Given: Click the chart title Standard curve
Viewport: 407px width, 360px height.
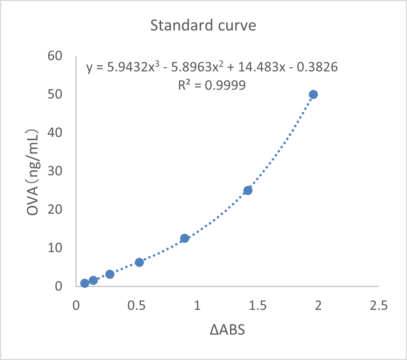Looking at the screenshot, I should [203, 26].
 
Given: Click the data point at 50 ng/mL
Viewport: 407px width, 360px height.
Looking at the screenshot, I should [313, 95].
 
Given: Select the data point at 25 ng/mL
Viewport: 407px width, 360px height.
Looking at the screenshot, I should [248, 190].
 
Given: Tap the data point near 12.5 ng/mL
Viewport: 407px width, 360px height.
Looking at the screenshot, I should [184, 238].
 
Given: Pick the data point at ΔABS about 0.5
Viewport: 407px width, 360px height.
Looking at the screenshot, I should [139, 262].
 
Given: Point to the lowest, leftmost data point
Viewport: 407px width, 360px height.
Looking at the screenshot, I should [84, 283].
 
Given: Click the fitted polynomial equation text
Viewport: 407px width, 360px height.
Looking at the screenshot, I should [212, 67].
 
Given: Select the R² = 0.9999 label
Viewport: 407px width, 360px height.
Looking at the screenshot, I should [212, 85].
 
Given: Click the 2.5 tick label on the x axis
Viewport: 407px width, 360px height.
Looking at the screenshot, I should [379, 306].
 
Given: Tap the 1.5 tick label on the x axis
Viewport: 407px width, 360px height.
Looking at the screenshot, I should [258, 306].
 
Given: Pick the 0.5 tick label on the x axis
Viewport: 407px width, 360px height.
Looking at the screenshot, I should [137, 306].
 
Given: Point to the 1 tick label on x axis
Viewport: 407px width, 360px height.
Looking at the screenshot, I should [197, 306].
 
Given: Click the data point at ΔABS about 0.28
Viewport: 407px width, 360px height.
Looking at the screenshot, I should [110, 274].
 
